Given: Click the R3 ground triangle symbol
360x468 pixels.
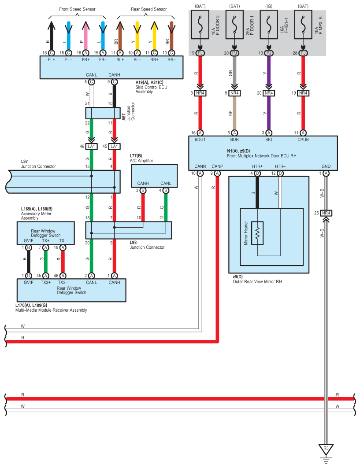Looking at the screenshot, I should [x=326, y=449].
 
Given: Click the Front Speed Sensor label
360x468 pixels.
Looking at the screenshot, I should [x=77, y=9].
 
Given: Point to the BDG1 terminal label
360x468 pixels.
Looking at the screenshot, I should [x=200, y=140].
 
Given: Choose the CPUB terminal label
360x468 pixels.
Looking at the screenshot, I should [x=303, y=140].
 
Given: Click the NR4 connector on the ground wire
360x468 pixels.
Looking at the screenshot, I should [x=326, y=213].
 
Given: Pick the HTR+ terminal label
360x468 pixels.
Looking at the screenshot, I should [x=257, y=166].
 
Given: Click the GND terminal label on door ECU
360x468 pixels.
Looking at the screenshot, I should [x=326, y=166].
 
